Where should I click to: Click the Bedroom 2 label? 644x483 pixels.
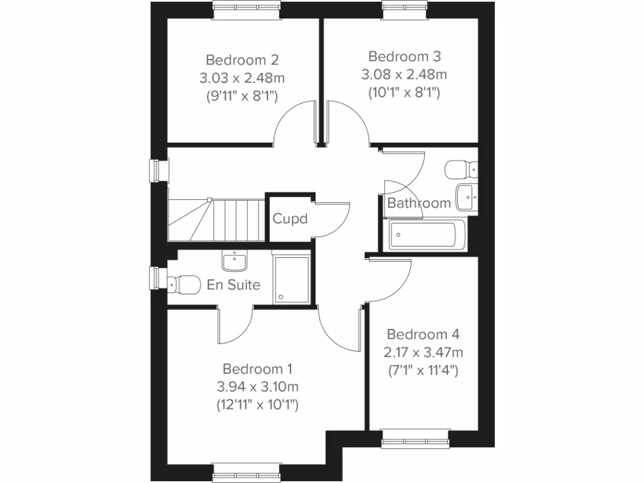[242, 60]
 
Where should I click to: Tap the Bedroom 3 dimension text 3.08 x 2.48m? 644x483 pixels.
[404, 75]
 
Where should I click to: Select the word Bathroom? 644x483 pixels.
[419, 203]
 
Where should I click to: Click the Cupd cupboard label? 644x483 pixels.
[290, 219]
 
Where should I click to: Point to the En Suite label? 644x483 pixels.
[233, 285]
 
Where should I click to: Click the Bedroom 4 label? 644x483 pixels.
[422, 334]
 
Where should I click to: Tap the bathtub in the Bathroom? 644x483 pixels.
[426, 235]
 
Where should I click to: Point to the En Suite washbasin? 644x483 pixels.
[235, 259]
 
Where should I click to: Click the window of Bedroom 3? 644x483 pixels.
[404, 7]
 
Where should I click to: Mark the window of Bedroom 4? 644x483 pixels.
[416, 438]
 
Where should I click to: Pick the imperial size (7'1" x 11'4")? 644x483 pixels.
[422, 370]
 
